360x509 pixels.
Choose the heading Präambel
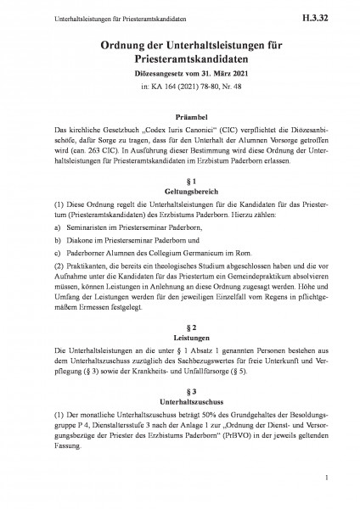coord(179,120)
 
